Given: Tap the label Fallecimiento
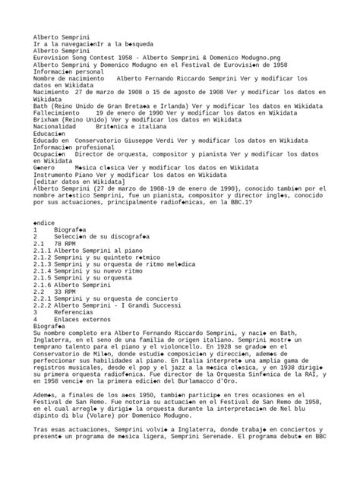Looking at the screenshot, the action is [x=59, y=112].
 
